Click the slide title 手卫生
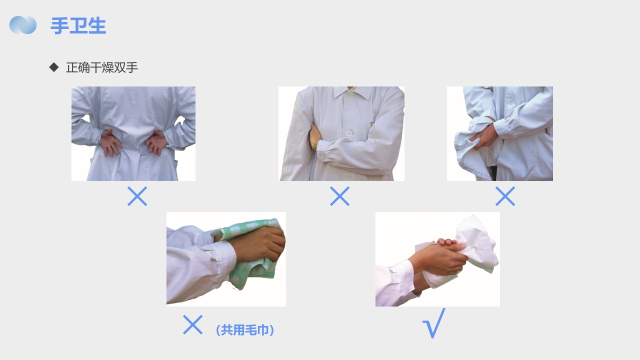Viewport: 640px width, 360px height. click(x=78, y=25)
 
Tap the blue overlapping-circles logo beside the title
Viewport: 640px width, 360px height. click(x=23, y=25)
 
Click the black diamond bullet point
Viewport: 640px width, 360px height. click(x=54, y=67)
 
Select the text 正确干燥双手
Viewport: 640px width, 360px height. click(x=102, y=67)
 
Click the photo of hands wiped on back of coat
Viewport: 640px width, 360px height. click(x=133, y=133)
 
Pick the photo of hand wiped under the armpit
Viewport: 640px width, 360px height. click(x=341, y=133)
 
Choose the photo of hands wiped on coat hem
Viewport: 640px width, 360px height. click(x=500, y=133)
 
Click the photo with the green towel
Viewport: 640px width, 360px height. click(x=226, y=259)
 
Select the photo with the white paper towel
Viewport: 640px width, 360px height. click(x=437, y=259)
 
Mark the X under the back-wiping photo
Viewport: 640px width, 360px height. click(x=137, y=196)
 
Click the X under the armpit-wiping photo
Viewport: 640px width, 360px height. click(x=339, y=196)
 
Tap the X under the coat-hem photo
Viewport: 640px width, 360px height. click(x=505, y=196)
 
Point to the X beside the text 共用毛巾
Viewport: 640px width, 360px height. click(x=192, y=324)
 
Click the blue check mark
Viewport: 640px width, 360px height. click(x=433, y=323)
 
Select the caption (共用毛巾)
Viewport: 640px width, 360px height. click(x=245, y=330)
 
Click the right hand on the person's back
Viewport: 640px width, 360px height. click(x=156, y=142)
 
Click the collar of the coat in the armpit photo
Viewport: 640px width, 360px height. click(x=352, y=92)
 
